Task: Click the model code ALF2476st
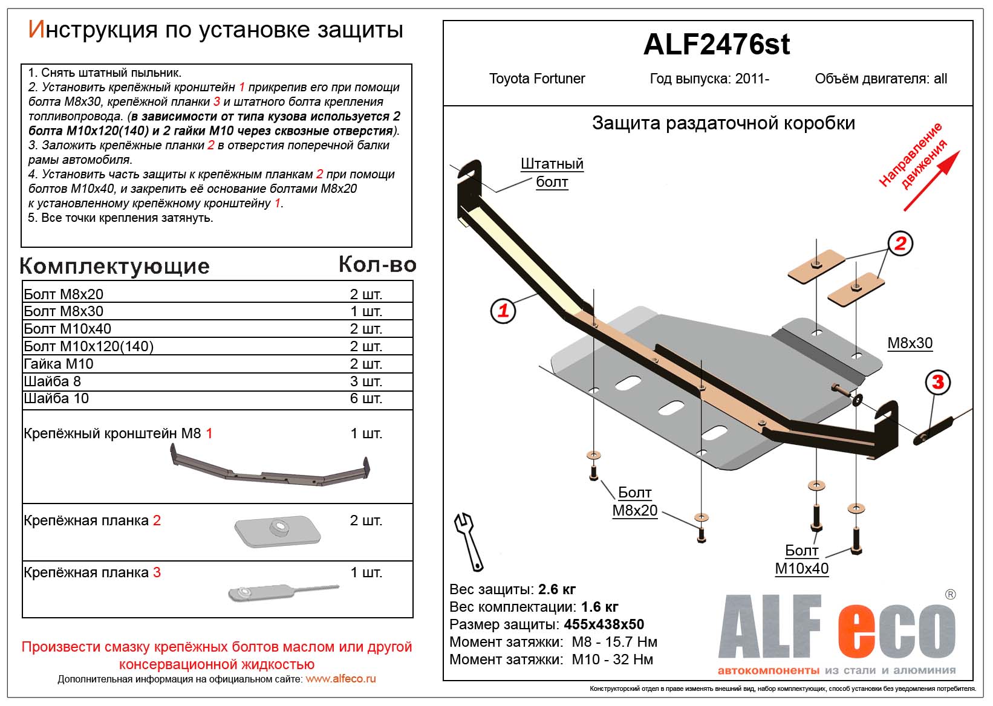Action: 716,45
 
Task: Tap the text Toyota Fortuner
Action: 536,79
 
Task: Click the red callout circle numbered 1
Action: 503,311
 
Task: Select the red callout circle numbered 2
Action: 900,244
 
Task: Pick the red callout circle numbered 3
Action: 937,382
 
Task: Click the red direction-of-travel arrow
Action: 931,181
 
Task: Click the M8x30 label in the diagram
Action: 910,343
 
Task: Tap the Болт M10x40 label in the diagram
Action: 801,560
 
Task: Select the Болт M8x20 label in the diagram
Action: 634,502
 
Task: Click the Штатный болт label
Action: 552,173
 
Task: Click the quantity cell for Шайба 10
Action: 366,399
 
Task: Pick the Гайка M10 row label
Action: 59,364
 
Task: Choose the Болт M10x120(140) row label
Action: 89,346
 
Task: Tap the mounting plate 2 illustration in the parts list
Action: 277,530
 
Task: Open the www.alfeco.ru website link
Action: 340,679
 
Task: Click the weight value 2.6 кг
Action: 556,589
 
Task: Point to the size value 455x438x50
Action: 604,624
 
